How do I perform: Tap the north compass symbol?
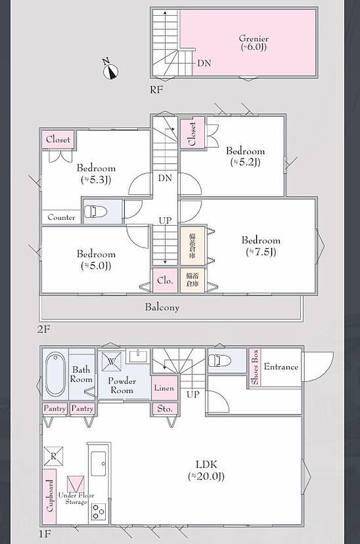tap(111, 70)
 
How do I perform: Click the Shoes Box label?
tap(254, 366)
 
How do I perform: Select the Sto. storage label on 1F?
tap(165, 409)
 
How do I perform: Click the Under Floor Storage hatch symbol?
tap(75, 484)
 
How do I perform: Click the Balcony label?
tap(162, 307)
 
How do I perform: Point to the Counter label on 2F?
tap(61, 217)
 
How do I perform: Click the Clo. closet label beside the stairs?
tap(165, 280)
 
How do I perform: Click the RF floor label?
tap(156, 90)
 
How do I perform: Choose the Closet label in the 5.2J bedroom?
tap(192, 134)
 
